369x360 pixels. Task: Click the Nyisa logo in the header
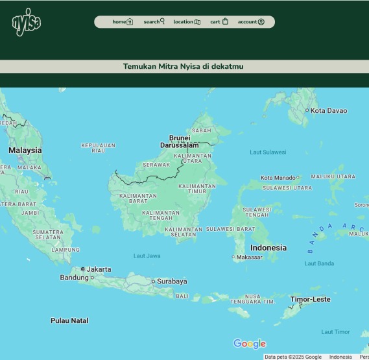point(26,22)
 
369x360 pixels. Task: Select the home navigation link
point(122,22)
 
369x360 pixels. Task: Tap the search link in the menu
point(154,22)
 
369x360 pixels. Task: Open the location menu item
point(186,22)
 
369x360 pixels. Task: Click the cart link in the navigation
point(219,22)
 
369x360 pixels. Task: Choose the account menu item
point(250,22)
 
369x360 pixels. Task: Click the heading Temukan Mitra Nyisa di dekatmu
point(184,66)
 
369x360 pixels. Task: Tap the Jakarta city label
point(99,269)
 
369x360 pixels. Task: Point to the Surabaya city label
point(172,282)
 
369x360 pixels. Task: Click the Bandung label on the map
point(74,278)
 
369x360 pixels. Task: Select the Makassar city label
point(250,258)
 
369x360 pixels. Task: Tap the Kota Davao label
point(329,110)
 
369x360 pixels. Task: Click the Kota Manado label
point(278,178)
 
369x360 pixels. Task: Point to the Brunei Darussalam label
point(180,141)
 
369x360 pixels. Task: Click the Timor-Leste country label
point(310,300)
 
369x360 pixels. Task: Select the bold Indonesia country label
point(268,248)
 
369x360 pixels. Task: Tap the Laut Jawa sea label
point(147,256)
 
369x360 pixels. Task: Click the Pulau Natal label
point(69,320)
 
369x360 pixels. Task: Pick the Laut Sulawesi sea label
point(268,152)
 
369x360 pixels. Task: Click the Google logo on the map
point(250,344)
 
